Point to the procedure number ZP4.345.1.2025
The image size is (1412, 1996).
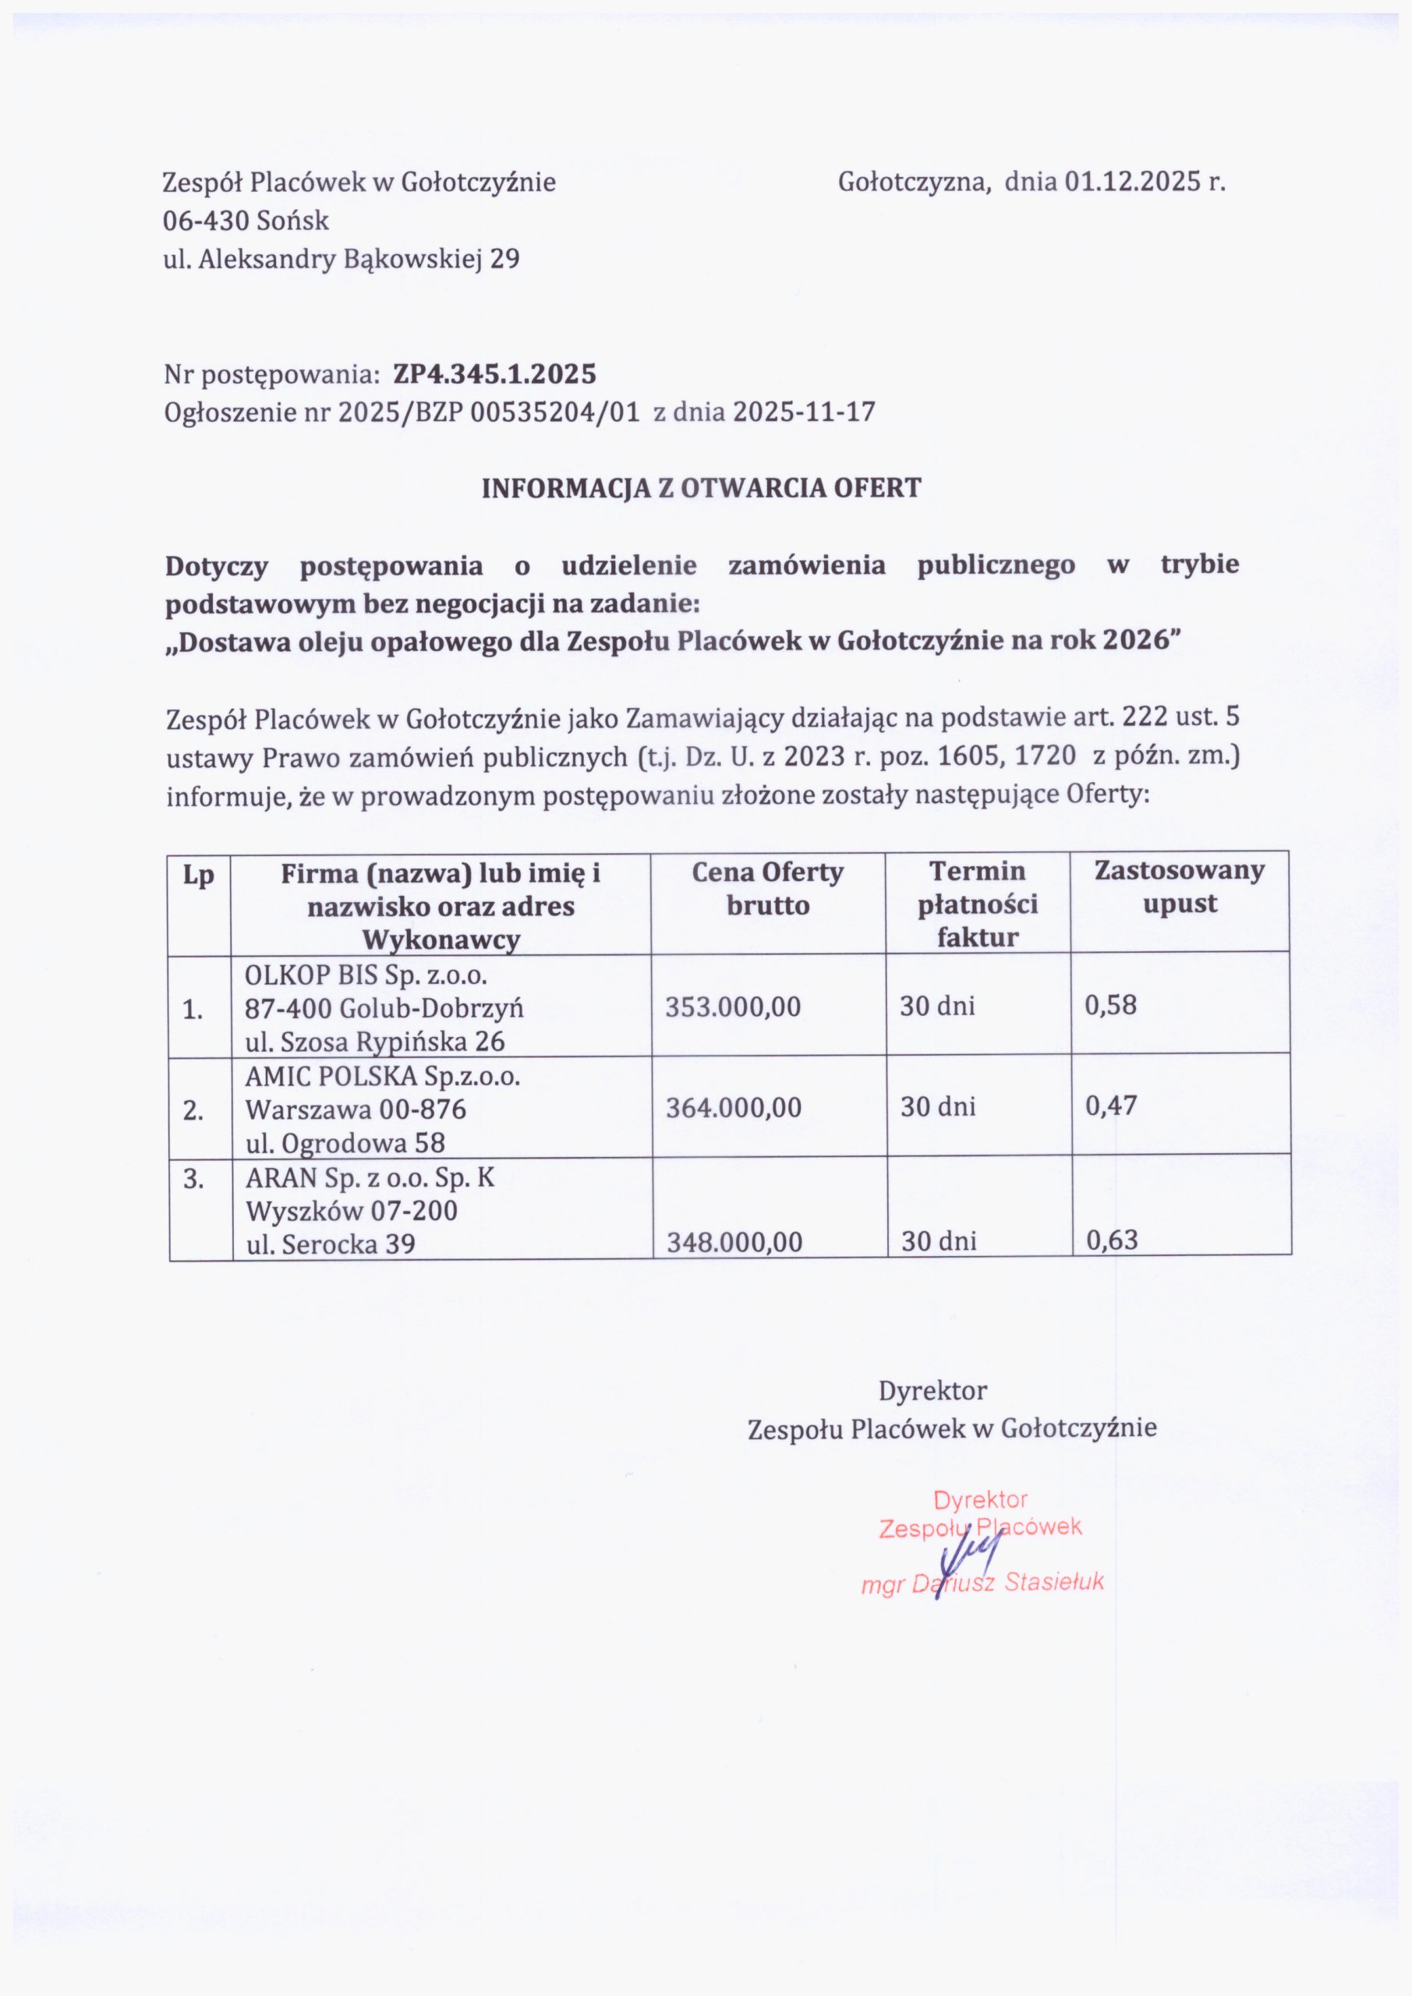pyautogui.click(x=496, y=375)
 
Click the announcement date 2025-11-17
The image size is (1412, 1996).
pyautogui.click(x=805, y=412)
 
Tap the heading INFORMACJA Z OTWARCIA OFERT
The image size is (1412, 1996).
pyautogui.click(x=701, y=489)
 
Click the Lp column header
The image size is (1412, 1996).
pyautogui.click(x=199, y=875)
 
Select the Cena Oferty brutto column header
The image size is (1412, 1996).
pyautogui.click(x=767, y=889)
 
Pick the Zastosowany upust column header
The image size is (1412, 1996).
pyautogui.click(x=1179, y=887)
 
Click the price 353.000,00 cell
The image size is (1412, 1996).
pyautogui.click(x=733, y=1007)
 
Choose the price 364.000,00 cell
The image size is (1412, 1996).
pyautogui.click(x=733, y=1107)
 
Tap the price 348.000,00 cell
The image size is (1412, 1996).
pyautogui.click(x=734, y=1241)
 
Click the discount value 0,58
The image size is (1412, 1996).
pyautogui.click(x=1110, y=1006)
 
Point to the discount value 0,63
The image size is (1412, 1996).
pyautogui.click(x=1111, y=1240)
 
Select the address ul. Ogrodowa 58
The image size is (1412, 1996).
pyautogui.click(x=345, y=1142)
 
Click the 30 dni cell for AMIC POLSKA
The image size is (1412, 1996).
pyautogui.click(x=937, y=1106)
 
